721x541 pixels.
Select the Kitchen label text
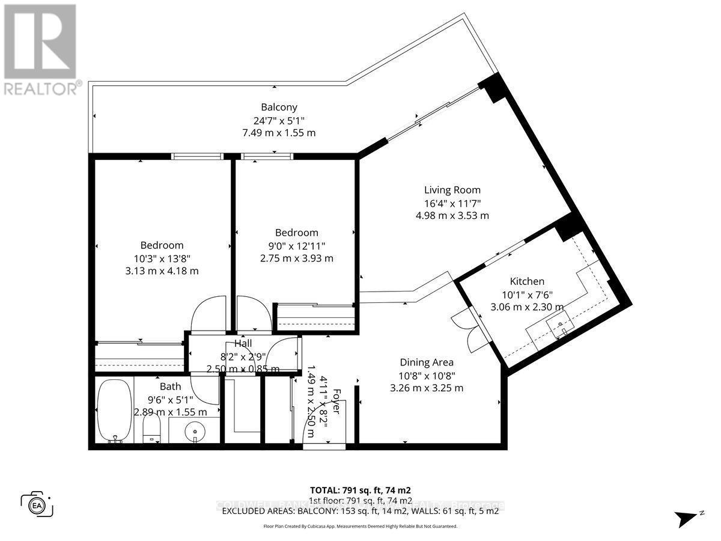pyautogui.click(x=527, y=281)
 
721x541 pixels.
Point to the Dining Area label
pyautogui.click(x=427, y=362)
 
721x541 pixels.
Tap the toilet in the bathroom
pyautogui.click(x=153, y=430)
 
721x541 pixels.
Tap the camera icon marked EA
pyautogui.click(x=37, y=504)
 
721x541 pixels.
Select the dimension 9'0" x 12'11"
pyautogui.click(x=296, y=245)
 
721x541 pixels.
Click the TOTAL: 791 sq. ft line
pyautogui.click(x=360, y=490)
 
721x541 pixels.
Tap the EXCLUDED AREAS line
pyautogui.click(x=360, y=511)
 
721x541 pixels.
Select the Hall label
pyautogui.click(x=243, y=343)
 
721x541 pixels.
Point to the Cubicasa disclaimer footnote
pyautogui.click(x=360, y=526)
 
